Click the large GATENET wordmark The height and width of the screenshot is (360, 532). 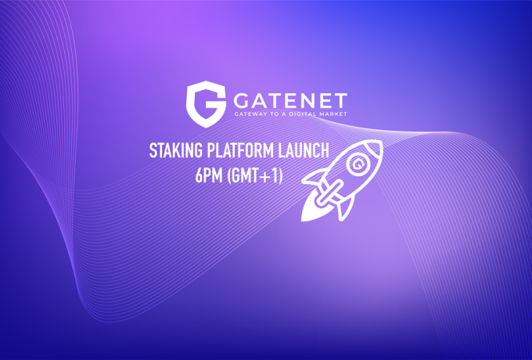[x=289, y=99]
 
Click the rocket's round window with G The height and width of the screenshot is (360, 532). [x=358, y=165]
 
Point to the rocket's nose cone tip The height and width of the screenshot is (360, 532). [x=379, y=144]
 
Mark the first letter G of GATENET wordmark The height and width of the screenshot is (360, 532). [x=243, y=99]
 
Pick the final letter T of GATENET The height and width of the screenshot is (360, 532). [x=340, y=99]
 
